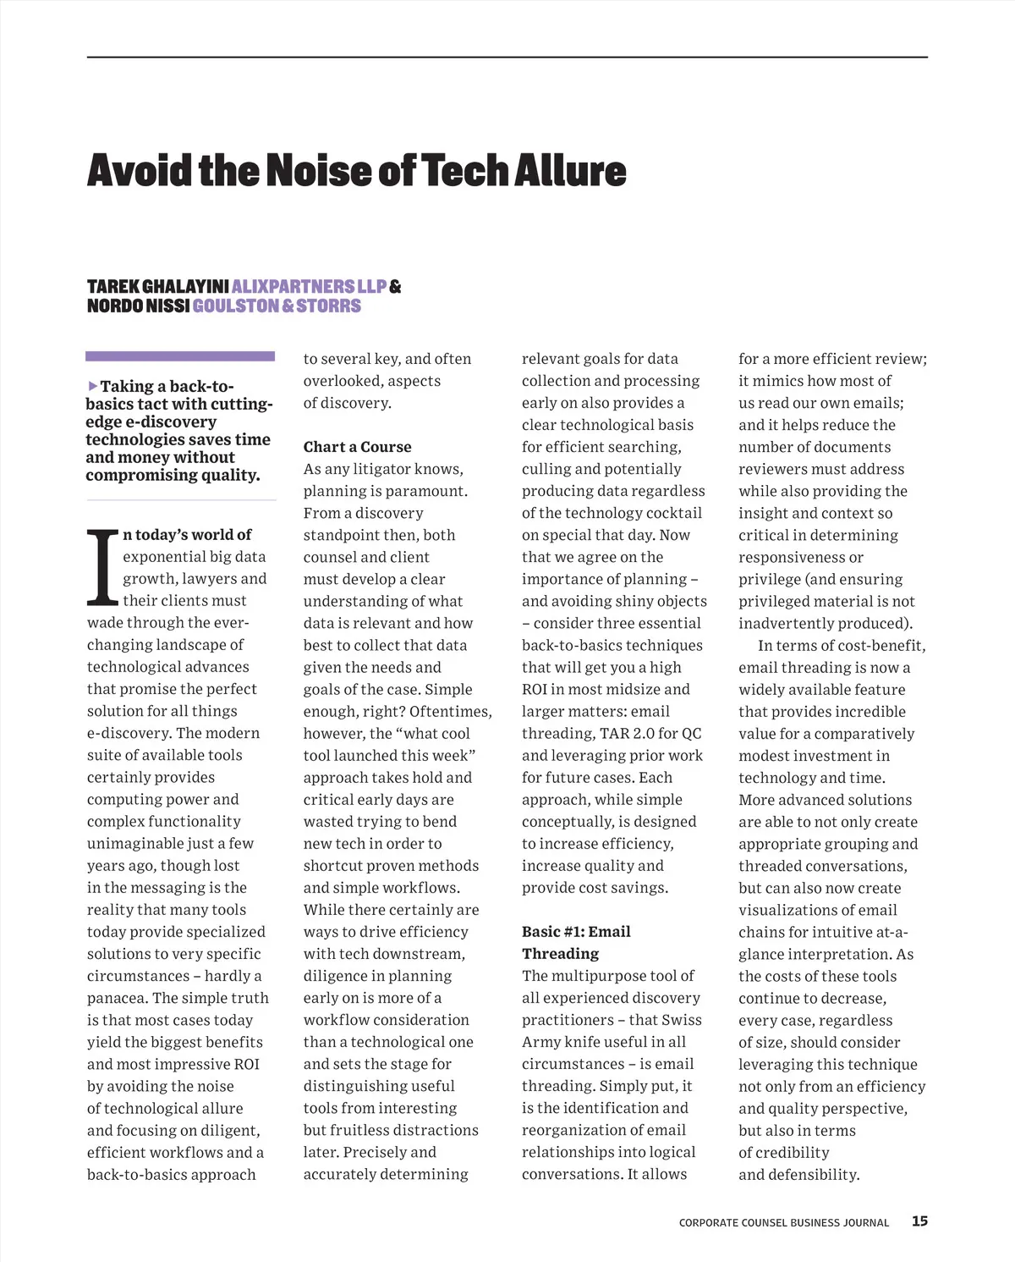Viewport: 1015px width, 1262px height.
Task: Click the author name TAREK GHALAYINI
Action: pos(157,287)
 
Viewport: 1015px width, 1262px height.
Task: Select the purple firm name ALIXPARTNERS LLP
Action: pos(309,287)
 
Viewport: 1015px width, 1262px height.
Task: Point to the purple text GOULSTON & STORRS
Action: pos(277,306)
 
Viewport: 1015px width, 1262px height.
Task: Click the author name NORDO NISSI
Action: pos(138,306)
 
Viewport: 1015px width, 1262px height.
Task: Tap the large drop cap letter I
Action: pos(102,568)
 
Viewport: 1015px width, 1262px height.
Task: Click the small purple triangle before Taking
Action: pos(92,386)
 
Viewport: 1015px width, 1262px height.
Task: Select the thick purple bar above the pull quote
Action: pos(180,356)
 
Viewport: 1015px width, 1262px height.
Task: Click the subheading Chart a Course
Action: pos(357,447)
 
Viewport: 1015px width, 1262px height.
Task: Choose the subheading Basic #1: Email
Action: pos(576,932)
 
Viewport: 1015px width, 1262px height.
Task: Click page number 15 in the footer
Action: pos(919,1221)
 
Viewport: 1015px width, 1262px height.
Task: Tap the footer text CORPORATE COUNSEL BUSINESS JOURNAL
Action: pos(783,1223)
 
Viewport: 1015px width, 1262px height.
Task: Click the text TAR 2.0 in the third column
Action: pos(627,734)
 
